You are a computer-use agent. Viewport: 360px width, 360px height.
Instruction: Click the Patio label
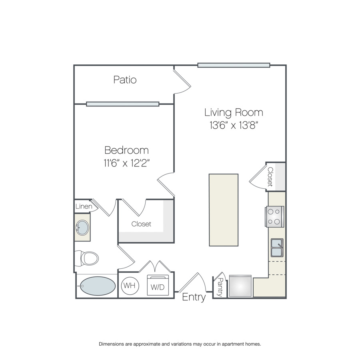point(125,80)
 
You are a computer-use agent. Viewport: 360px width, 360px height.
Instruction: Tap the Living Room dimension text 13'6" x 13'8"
point(234,125)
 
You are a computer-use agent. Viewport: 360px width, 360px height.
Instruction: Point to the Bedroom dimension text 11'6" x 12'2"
point(126,163)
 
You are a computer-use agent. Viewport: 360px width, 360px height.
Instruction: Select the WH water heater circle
point(130,286)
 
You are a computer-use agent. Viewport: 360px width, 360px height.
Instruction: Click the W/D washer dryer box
point(158,285)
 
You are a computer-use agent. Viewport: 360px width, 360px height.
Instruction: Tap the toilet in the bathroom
point(87,258)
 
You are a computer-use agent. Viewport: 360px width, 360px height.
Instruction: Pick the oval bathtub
point(98,286)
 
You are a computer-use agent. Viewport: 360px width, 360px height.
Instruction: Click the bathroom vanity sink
point(82,228)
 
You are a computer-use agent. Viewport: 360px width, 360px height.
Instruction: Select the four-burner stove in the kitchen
point(274,217)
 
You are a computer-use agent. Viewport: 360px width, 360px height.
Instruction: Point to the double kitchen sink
point(277,248)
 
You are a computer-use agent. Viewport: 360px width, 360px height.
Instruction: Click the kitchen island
point(224,210)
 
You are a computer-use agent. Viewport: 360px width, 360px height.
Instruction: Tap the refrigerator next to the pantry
point(240,286)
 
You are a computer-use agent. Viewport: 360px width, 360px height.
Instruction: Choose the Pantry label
point(220,287)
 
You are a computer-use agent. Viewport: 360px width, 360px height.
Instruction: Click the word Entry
point(194,297)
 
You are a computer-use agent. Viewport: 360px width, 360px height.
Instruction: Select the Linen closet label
point(84,206)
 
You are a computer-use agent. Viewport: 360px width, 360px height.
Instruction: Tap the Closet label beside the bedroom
point(141,224)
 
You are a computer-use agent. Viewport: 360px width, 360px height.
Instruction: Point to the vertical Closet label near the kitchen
point(270,176)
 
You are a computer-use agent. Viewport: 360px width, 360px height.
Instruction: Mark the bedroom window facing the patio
point(123,104)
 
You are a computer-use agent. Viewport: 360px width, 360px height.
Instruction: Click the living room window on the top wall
point(234,65)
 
